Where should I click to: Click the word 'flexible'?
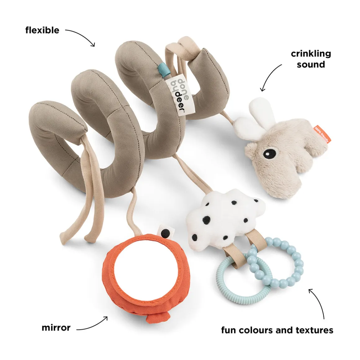(x=42, y=30)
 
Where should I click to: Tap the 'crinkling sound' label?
(x=311, y=59)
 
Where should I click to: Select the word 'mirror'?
(x=56, y=327)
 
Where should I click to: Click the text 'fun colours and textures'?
(x=277, y=330)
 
